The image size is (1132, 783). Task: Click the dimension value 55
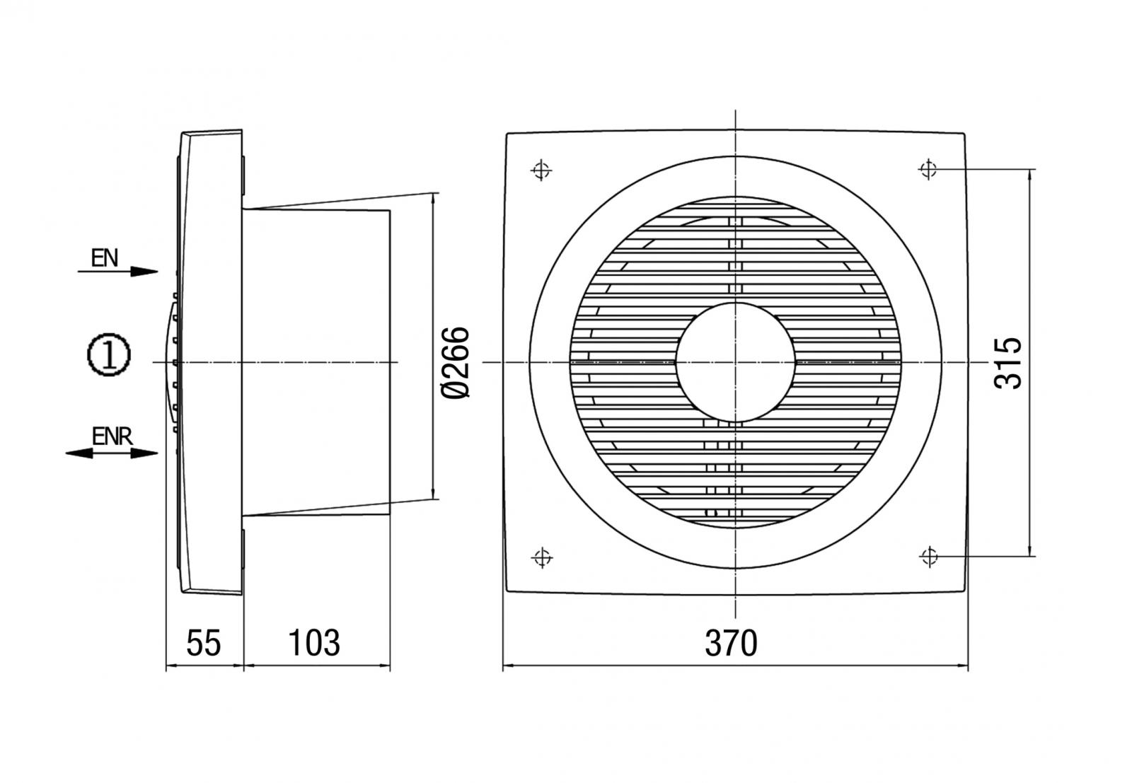(204, 643)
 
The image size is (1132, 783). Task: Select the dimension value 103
(314, 643)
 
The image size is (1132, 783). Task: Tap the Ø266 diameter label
(455, 362)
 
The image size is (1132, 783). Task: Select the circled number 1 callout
(108, 355)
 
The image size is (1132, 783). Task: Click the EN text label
(105, 257)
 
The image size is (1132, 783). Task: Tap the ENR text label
(112, 436)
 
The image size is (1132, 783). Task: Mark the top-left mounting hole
(541, 170)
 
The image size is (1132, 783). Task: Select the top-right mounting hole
(928, 170)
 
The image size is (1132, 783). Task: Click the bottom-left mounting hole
(542, 558)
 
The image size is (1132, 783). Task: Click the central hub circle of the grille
(736, 362)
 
